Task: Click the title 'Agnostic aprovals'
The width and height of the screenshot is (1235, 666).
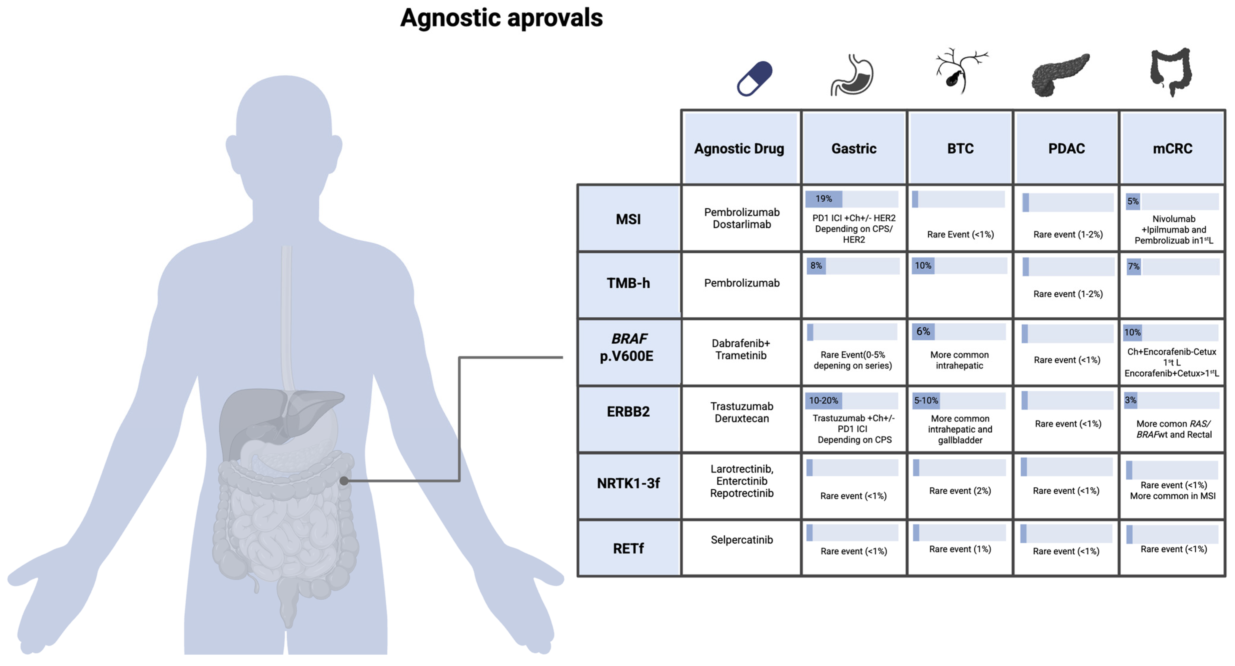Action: (501, 18)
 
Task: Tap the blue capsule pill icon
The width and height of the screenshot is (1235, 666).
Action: (755, 78)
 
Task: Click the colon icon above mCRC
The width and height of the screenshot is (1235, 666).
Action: (1171, 72)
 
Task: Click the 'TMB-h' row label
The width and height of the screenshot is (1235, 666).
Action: (628, 283)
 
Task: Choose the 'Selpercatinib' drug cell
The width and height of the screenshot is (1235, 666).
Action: (741, 540)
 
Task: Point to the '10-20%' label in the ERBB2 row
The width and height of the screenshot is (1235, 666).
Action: (823, 400)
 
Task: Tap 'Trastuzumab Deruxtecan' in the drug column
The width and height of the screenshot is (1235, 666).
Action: (741, 412)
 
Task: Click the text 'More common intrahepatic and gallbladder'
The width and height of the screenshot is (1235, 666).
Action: (960, 429)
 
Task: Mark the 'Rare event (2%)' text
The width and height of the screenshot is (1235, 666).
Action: (960, 491)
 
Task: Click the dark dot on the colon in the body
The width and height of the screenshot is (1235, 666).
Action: (344, 480)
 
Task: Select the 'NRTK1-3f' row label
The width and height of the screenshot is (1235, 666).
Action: (628, 483)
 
